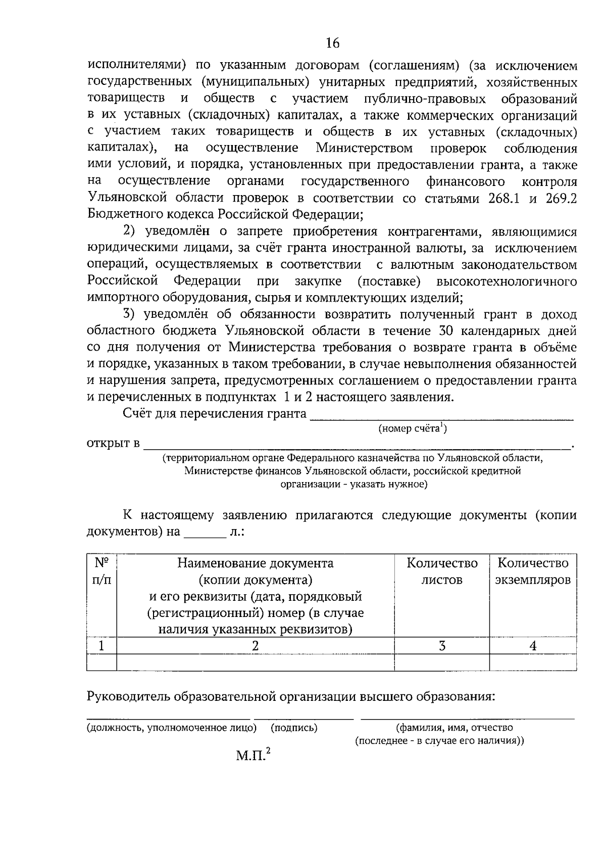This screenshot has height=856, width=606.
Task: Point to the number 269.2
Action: pos(561,198)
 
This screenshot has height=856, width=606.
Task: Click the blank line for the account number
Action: pos(442,416)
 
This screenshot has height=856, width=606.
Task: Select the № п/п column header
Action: pos(102,571)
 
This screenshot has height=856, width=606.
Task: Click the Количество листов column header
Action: pos(442,571)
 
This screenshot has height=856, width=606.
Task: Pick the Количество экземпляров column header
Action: pos(533,571)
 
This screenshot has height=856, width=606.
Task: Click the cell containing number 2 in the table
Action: pos(256,645)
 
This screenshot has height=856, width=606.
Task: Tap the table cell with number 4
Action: pos(533,645)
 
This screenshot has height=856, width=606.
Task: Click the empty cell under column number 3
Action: pos(442,662)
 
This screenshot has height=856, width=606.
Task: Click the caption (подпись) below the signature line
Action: pos(294,728)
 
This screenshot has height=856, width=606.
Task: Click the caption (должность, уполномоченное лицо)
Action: pos(172,728)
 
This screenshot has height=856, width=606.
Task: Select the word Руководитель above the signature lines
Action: pos(129,697)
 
